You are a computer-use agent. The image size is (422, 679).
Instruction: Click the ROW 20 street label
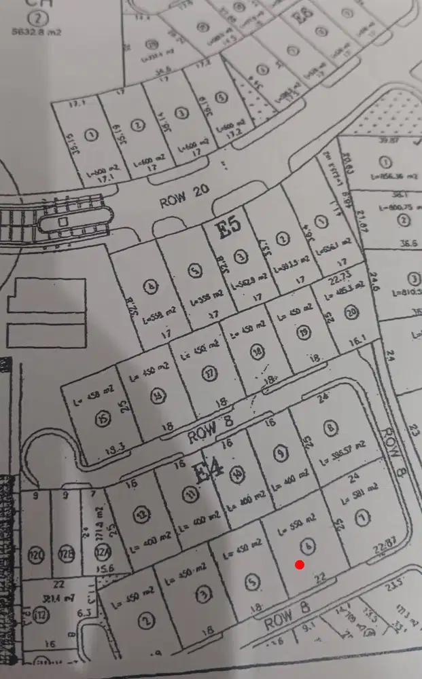[x=179, y=201]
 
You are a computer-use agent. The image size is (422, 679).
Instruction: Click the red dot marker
[x=300, y=564]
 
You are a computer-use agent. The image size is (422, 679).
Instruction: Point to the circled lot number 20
[x=351, y=312]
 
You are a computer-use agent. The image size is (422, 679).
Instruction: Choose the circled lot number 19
[x=302, y=331]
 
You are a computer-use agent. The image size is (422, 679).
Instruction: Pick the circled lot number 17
[x=207, y=373]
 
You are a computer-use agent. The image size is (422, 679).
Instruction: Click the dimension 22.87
[x=385, y=542]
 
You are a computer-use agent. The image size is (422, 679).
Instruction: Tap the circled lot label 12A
[x=103, y=555]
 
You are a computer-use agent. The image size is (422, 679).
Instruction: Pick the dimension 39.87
[x=389, y=141]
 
